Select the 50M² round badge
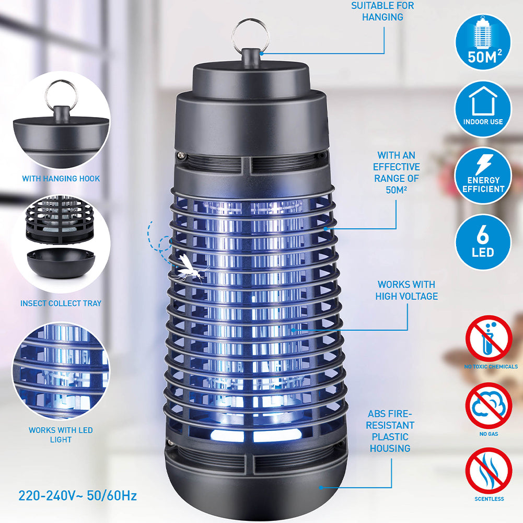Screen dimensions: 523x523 tap(483, 42)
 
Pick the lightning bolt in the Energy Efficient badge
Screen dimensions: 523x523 tap(483, 164)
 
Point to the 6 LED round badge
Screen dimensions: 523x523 tap(483, 242)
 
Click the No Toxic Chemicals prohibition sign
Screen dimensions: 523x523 tap(489, 339)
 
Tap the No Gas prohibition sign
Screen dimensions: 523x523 tap(489, 405)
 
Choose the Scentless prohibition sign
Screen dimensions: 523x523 tap(489, 471)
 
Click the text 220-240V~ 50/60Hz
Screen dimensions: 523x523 tap(77, 496)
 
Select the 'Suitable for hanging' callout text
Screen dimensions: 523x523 tap(382, 11)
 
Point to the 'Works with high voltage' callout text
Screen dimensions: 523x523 tap(406, 290)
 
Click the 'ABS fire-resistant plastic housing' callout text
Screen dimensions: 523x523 tap(390, 431)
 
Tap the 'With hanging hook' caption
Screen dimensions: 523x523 tap(61, 179)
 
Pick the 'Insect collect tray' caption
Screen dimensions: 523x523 tap(61, 303)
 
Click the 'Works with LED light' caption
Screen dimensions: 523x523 tap(61, 435)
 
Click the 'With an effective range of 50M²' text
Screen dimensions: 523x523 tap(396, 172)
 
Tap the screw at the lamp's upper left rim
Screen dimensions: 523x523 tap(181, 155)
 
